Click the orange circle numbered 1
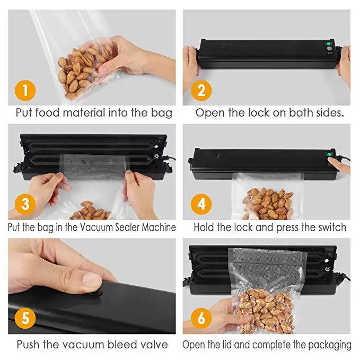pos(25,91)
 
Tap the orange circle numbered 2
pos(201,91)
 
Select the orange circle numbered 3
pos(25,204)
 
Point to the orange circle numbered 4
pos(201,204)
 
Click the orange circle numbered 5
pos(25,318)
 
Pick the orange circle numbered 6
pos(201,318)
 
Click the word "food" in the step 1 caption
pos(48,112)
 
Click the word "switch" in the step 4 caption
pos(332,227)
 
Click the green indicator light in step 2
pos(328,43)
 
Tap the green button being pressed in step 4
pos(330,154)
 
